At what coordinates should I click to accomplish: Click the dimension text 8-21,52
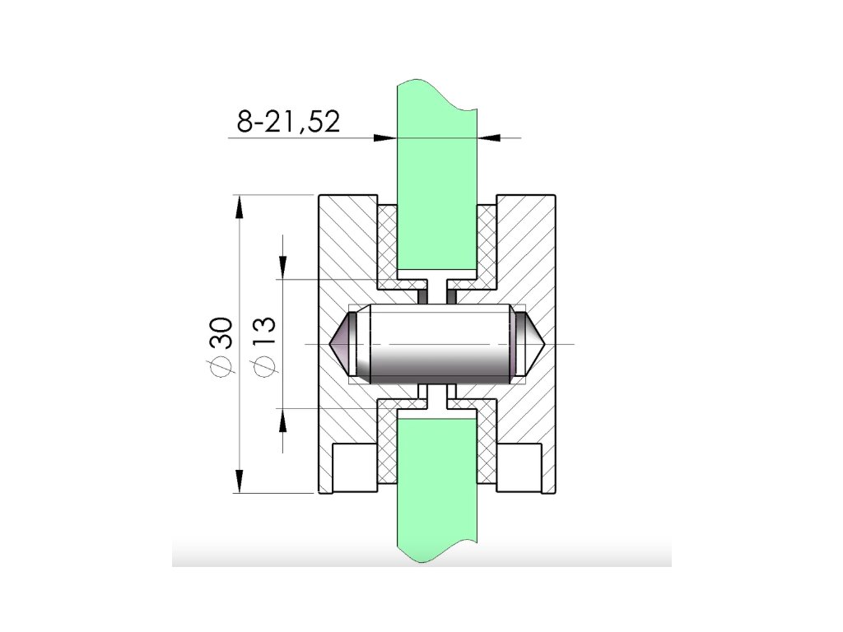pyautogui.click(x=289, y=122)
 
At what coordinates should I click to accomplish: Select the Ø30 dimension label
pyautogui.click(x=221, y=346)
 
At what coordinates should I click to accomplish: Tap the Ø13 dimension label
pyautogui.click(x=263, y=346)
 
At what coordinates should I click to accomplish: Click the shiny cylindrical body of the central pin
pyautogui.click(x=440, y=344)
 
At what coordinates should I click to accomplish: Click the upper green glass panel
pyautogui.click(x=437, y=178)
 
